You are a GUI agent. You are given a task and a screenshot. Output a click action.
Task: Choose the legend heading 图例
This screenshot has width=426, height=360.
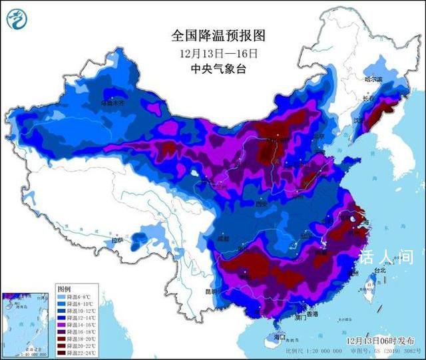(x=64, y=290)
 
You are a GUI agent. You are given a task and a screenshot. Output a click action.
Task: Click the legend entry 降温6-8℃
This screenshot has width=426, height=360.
(x=75, y=297)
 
